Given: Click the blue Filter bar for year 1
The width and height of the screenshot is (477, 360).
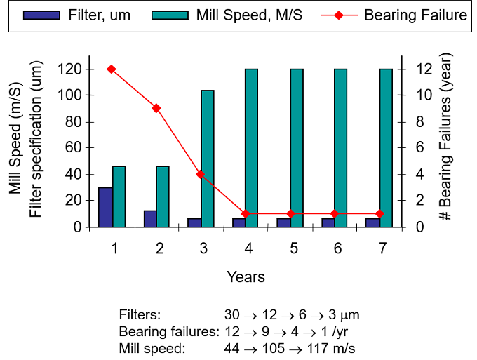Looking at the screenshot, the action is point(105,207).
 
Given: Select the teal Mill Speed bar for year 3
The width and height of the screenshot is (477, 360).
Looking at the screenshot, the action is point(208,159).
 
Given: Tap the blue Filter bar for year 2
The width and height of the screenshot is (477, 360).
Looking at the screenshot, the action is point(150,219).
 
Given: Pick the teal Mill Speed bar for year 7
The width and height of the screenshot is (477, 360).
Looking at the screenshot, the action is point(386,148).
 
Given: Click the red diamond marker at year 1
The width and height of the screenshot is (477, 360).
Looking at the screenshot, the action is point(112,69).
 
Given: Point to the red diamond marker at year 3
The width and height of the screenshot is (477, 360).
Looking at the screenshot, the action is point(201,174).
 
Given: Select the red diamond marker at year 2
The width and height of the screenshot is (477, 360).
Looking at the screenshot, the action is point(156,108).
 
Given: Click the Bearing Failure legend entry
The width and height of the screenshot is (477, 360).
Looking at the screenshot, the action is point(394,15).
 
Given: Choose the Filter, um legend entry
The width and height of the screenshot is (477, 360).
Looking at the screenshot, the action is point(77,15).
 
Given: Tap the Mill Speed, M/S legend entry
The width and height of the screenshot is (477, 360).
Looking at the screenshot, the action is point(227,15).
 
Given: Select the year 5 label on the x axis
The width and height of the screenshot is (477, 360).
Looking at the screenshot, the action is point(293,248).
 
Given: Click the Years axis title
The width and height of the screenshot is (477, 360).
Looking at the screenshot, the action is point(246,277).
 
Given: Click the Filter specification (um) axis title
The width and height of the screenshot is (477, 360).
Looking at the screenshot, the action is point(35,139).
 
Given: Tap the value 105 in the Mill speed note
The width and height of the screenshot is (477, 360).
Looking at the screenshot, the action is point(274,349).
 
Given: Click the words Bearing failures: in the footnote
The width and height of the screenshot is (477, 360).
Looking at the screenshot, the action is point(169,332).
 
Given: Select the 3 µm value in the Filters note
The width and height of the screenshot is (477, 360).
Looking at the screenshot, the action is point(344,315).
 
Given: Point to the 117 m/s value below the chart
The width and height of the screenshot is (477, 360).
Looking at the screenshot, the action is point(331,349).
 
